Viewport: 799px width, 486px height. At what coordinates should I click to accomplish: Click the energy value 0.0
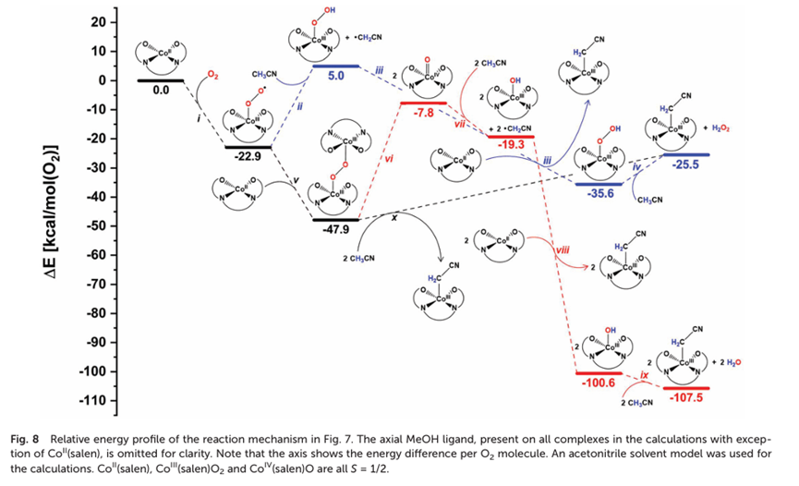coord(161,91)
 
